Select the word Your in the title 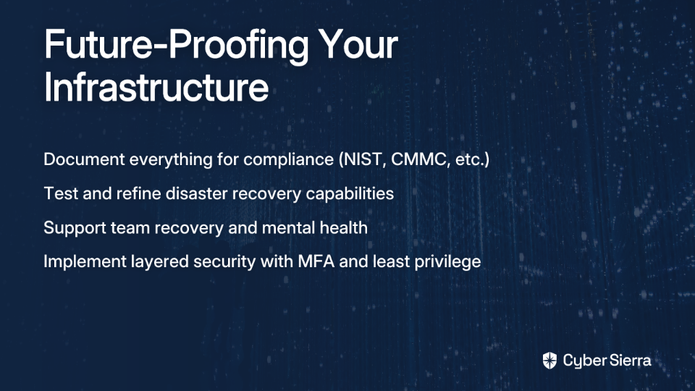pyautogui.click(x=358, y=44)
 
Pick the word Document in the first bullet pyautogui.click(x=84, y=159)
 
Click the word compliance pyautogui.click(x=289, y=160)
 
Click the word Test pyautogui.click(x=61, y=193)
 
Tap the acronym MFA pyautogui.click(x=316, y=261)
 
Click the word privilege pyautogui.click(x=447, y=262)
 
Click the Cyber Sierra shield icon pyautogui.click(x=549, y=361)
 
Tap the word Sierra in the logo pyautogui.click(x=628, y=360)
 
